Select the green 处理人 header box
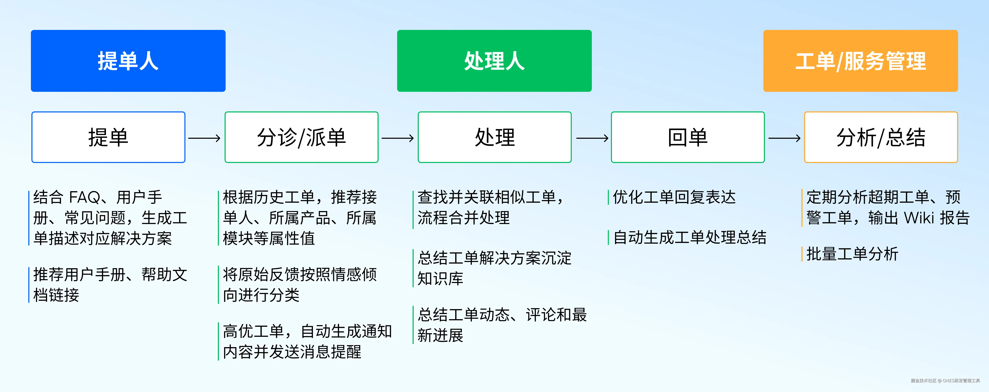pos(494,61)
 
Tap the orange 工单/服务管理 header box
pos(860,61)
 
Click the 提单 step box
pos(108,137)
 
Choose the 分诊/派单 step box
pos(301,137)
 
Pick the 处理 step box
pos(494,137)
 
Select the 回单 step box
pos(688,137)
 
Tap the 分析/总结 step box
pos(881,137)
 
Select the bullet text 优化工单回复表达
pos(674,198)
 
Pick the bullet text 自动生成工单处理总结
pos(690,237)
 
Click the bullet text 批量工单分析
pos(852,254)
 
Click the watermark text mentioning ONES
pos(945,380)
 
